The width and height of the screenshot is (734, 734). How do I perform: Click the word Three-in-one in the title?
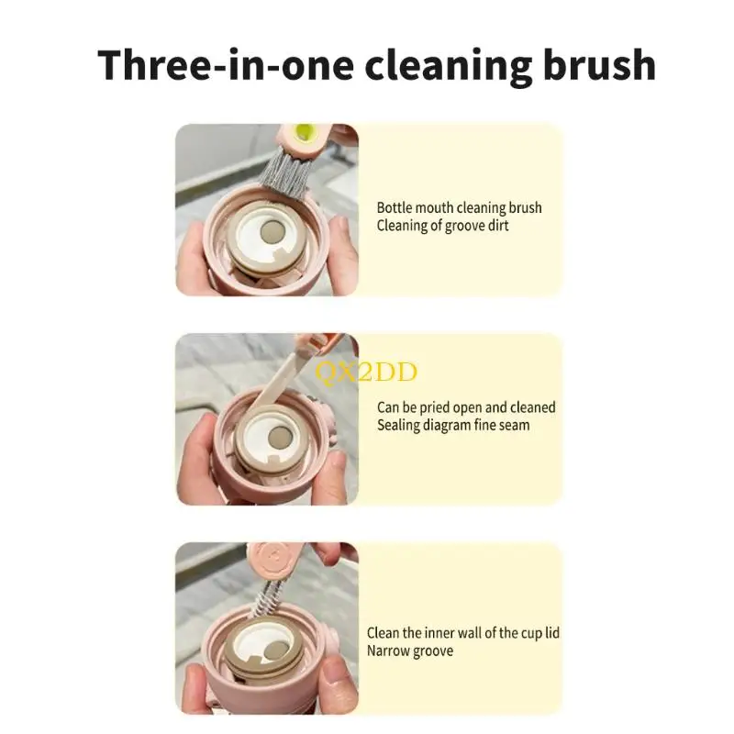click(x=225, y=64)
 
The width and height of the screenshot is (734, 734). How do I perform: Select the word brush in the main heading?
click(x=600, y=64)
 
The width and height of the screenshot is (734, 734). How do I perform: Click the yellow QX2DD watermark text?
click(x=365, y=373)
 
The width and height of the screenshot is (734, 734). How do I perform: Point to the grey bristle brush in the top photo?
click(x=284, y=172)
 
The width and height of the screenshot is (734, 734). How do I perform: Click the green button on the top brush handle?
click(x=305, y=132)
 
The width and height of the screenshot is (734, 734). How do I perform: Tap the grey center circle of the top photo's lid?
click(x=270, y=231)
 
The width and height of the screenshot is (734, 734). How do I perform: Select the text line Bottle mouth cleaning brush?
click(x=460, y=207)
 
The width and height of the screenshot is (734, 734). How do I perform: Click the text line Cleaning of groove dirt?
click(x=442, y=226)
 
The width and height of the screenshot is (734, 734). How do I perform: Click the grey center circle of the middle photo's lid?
click(x=279, y=439)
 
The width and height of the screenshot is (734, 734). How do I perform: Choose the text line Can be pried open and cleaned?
click(x=466, y=407)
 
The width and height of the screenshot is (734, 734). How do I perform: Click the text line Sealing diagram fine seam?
click(x=453, y=425)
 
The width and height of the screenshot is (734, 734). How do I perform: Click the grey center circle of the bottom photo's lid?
click(x=276, y=650)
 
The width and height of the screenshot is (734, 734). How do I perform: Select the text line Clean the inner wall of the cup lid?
click(x=463, y=633)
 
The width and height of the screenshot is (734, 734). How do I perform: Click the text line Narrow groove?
click(x=410, y=651)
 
